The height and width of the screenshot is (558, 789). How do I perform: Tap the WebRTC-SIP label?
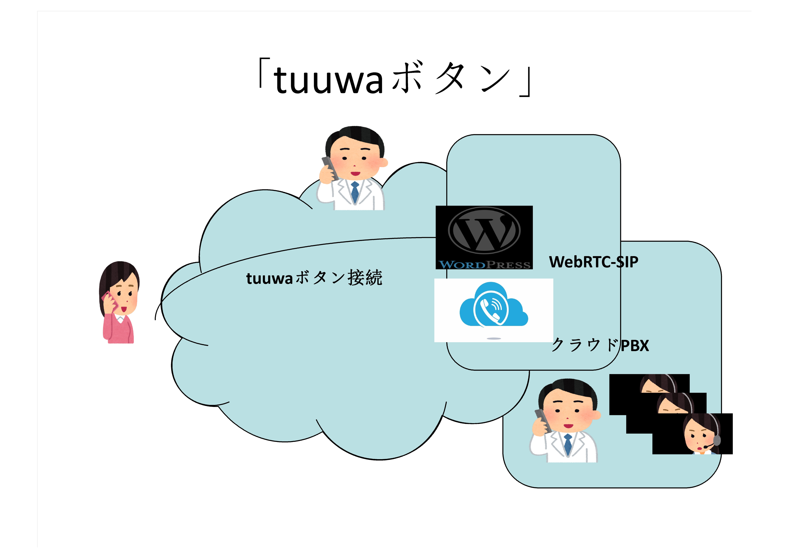pos(593,262)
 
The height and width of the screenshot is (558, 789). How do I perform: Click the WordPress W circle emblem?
pos(484,231)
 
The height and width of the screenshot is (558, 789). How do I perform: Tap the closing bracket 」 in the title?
pos(526,83)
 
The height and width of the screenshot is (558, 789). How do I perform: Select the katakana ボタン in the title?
pos(450,79)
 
